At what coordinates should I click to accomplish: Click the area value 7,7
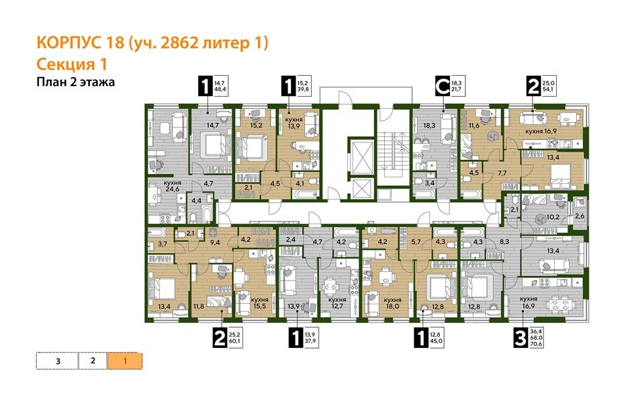[502, 173]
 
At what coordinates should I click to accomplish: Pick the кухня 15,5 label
[259, 303]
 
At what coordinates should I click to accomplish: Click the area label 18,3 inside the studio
[429, 125]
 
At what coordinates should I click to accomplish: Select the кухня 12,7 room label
[337, 303]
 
